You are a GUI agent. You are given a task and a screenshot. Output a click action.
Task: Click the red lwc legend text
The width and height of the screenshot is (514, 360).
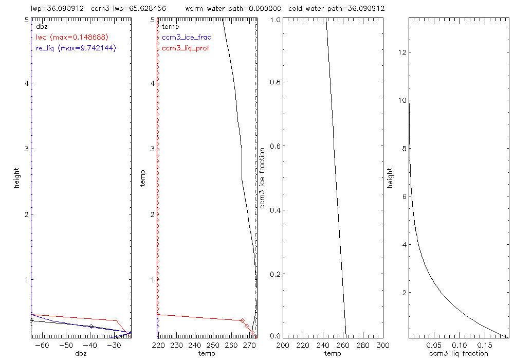point(72,37)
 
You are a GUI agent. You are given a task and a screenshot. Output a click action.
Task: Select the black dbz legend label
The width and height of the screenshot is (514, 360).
point(41,26)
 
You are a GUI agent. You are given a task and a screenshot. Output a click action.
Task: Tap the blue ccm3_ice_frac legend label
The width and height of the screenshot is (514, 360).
point(186,37)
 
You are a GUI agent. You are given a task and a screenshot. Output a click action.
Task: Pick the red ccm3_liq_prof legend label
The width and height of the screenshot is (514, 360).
point(186,48)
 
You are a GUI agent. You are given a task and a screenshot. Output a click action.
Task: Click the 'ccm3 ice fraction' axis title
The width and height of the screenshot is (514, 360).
point(263,177)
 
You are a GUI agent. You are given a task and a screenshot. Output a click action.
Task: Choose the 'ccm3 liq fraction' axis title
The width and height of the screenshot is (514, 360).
point(459,353)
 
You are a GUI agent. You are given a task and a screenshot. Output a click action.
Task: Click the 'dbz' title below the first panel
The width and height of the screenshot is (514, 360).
point(81,353)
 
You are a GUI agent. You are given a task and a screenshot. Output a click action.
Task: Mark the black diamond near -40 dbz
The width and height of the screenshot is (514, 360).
point(91,327)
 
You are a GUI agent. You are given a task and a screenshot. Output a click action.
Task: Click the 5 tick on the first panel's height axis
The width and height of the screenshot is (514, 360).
point(26,19)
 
